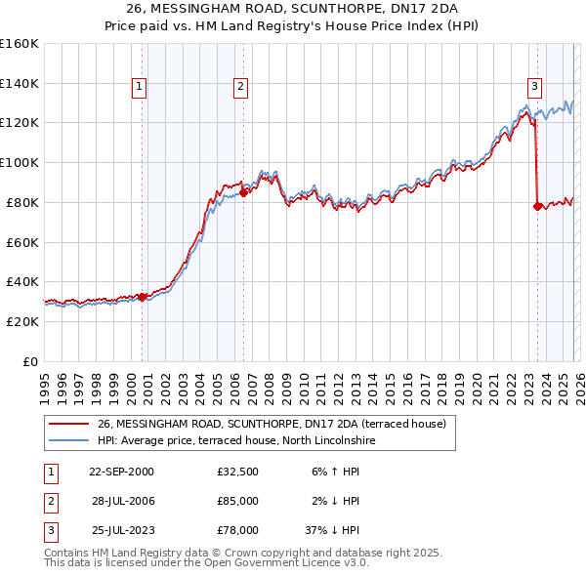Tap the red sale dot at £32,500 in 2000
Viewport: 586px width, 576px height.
143,297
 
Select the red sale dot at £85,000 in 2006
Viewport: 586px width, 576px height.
243,192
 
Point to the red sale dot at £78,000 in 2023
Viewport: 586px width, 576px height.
537,206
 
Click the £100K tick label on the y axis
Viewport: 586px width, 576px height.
20,162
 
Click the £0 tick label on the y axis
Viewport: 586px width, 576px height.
29,361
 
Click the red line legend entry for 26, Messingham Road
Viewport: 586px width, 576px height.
272,424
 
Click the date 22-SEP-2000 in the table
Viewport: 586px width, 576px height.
121,472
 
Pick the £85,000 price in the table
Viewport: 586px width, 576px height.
237,501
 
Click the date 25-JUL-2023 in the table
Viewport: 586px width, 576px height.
121,530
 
